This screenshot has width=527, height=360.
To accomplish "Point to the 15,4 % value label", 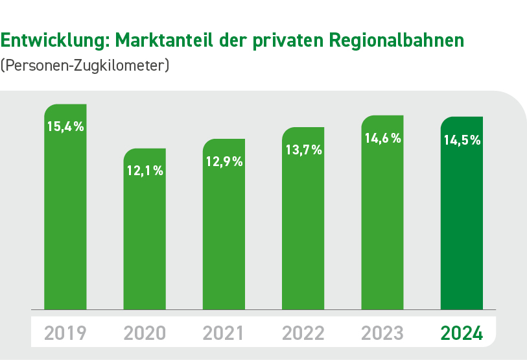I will pos(65,126).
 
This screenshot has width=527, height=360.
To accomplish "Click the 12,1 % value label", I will pos(145,171).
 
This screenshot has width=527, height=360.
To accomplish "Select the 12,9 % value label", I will pos(224,162).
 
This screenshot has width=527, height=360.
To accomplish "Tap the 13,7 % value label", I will pos(303,150).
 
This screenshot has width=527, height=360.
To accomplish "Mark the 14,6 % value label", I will pos(382,138).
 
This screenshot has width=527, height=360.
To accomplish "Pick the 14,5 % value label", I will pos(462,139).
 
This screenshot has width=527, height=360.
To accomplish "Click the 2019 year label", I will pos(65,333).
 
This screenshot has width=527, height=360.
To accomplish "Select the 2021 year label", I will pos(224,333).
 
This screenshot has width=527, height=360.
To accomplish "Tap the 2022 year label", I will pos(303,333).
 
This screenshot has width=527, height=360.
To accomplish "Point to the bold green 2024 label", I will pos(462,333).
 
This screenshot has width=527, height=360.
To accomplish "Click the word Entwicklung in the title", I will pos(54,40).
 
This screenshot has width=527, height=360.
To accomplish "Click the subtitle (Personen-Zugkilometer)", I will pos(85,66).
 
